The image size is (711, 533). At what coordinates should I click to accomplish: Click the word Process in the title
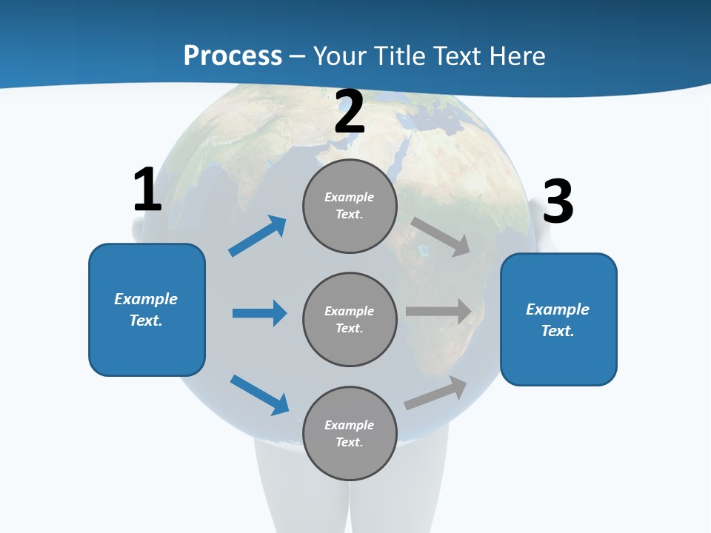point(233,56)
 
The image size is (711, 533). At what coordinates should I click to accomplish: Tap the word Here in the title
point(516,56)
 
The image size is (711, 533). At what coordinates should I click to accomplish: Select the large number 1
point(147,190)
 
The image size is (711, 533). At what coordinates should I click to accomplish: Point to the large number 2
point(350,112)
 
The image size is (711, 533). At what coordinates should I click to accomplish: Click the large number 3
point(558,201)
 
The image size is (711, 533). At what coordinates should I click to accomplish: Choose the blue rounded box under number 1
point(147,309)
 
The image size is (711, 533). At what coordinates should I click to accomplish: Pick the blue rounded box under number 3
point(558,319)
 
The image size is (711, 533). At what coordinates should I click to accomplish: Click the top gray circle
point(350,206)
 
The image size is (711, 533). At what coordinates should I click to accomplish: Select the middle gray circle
point(350,319)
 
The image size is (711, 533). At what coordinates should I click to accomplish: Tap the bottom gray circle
point(350,433)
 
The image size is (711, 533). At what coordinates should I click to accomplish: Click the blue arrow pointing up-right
point(258,236)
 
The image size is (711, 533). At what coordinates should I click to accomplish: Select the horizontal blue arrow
point(259,313)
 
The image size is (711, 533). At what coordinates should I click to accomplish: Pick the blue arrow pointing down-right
point(259,395)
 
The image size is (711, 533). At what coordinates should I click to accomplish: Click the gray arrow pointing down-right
point(441,237)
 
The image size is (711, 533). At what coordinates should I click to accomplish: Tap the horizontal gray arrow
point(438,312)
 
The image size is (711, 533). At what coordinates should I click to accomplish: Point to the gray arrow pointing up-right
point(435,393)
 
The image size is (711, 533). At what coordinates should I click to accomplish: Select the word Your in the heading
point(338,56)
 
